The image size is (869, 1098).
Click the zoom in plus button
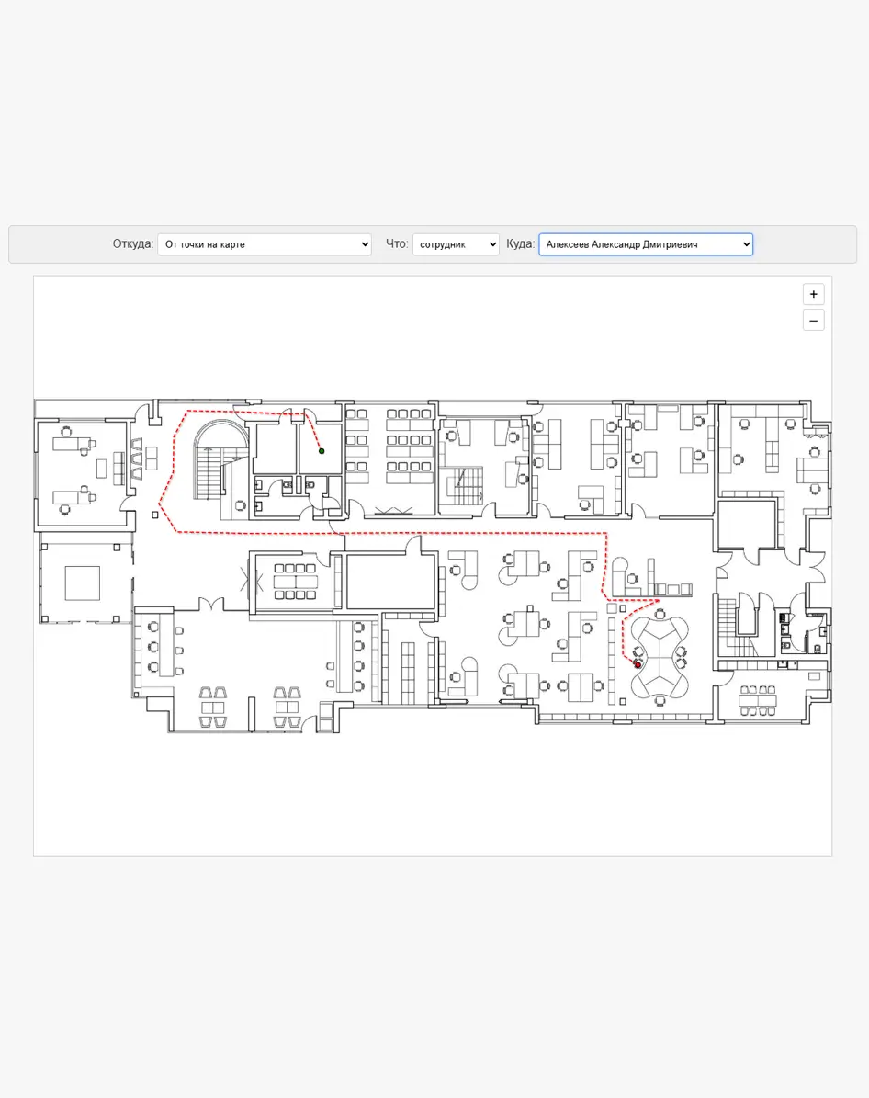tap(813, 294)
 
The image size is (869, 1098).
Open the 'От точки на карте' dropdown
tap(264, 244)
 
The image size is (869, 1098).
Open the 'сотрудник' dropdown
tap(456, 244)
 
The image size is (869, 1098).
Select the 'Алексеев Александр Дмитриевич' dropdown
tap(646, 244)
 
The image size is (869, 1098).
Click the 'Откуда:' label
tap(132, 243)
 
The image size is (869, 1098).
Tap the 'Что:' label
tap(396, 243)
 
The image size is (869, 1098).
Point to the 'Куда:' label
tap(520, 243)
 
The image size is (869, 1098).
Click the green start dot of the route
tap(322, 451)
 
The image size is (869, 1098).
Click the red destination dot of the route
tap(638, 664)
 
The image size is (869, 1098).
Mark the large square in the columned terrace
tap(82, 583)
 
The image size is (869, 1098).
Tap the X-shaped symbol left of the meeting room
tap(251, 582)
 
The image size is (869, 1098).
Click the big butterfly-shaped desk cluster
tap(659, 658)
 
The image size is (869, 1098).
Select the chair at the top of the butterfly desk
tap(660, 614)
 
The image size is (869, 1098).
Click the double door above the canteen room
tap(211, 604)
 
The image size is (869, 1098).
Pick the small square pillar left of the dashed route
tap(154, 515)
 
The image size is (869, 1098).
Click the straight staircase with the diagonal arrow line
tap(464, 485)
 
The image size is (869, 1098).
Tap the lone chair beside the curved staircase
tap(240, 504)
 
